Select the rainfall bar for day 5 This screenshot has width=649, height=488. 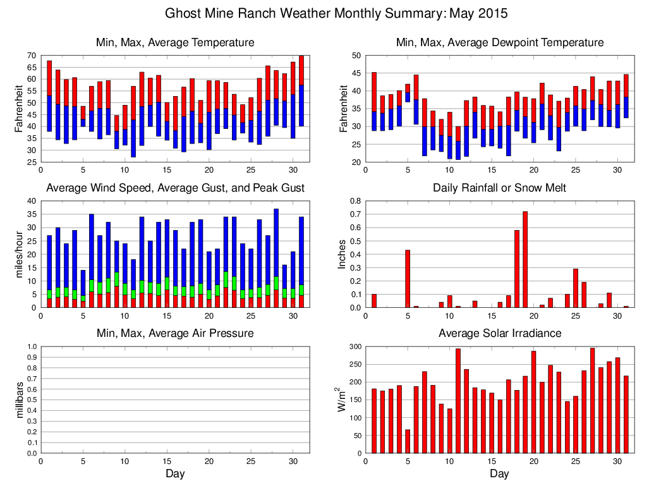pyautogui.click(x=408, y=279)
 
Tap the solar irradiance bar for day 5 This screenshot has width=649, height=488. pyautogui.click(x=408, y=441)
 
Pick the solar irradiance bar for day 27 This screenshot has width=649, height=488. pyautogui.click(x=592, y=400)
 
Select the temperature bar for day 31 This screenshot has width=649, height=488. pyautogui.click(x=301, y=91)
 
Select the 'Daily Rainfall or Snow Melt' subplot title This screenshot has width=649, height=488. pyautogui.click(x=499, y=188)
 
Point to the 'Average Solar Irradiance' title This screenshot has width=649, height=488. pyautogui.click(x=499, y=333)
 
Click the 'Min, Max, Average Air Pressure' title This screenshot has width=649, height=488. pyautogui.click(x=175, y=333)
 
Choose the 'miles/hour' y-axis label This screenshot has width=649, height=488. pyautogui.click(x=20, y=254)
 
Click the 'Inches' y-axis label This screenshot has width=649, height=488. pyautogui.click(x=342, y=254)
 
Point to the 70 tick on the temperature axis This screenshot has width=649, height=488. pyautogui.click(x=31, y=56)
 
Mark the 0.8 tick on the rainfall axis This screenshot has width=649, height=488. pyautogui.click(x=354, y=201)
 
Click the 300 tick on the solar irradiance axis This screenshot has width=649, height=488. pyautogui.click(x=353, y=346)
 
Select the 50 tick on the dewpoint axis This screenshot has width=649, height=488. pyautogui.click(x=356, y=56)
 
